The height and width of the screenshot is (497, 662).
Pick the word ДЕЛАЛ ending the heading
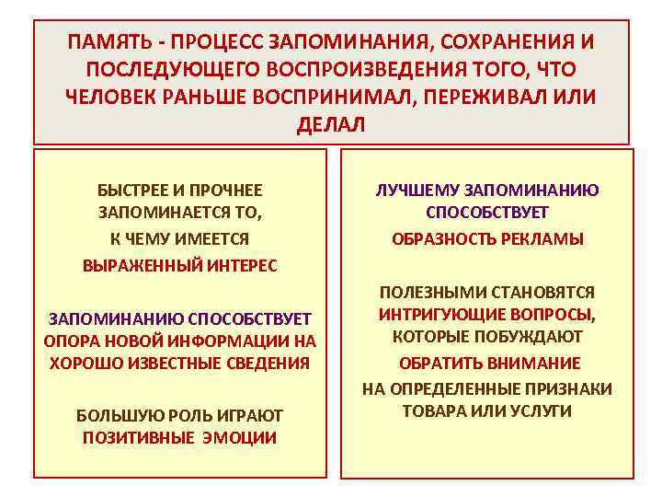pos(331,125)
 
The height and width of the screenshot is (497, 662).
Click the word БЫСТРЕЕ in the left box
pos(131,191)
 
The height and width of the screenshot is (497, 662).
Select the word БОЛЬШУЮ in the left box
pos(110,415)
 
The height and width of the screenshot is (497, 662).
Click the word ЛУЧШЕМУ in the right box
pos(415,191)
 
